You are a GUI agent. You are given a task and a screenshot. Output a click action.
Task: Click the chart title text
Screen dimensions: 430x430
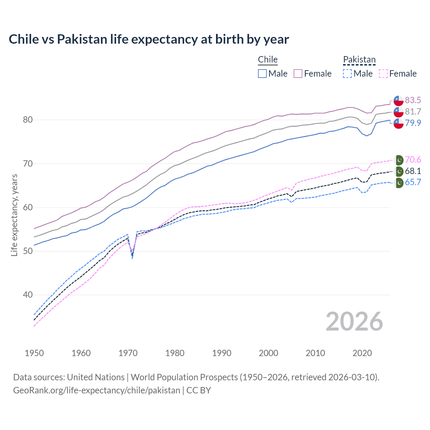coord(148,39)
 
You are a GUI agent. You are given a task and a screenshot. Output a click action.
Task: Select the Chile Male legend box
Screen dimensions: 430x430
coord(262,74)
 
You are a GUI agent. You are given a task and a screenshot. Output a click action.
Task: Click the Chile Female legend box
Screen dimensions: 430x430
coord(298,74)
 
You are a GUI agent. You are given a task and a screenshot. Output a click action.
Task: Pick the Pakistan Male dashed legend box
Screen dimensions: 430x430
coord(347,74)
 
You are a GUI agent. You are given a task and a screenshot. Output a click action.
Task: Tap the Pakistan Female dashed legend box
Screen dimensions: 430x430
coord(383,74)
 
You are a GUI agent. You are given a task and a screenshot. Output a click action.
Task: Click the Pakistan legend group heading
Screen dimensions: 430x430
coord(359,60)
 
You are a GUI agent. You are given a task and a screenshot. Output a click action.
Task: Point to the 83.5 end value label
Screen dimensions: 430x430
coord(413,100)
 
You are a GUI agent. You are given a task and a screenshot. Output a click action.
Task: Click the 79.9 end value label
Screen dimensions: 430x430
coord(413,123)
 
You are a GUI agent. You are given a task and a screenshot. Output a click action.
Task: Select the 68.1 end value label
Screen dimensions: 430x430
coord(413,171)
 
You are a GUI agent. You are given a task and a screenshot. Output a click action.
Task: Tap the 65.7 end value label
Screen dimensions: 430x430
coord(413,182)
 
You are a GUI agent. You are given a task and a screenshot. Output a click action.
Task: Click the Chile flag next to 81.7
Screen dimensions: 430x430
coord(398,112)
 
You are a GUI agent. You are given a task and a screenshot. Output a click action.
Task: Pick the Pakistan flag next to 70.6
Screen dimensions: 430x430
coord(399,160)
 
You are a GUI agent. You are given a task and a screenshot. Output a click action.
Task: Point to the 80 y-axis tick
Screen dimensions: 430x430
coord(28,120)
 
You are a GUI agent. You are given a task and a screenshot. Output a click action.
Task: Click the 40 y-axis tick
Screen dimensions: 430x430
coord(28,295)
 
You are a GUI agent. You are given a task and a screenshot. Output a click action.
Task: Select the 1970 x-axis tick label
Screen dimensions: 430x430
coord(128,353)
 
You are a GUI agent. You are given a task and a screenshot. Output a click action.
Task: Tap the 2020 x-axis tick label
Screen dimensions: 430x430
coord(362,353)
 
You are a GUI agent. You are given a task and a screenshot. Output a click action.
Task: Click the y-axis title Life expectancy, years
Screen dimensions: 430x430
coord(14,215)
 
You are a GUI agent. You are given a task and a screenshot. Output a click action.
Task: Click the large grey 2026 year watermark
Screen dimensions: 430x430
coord(354,321)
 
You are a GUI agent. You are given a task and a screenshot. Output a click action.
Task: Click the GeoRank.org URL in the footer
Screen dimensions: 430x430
coord(97,390)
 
